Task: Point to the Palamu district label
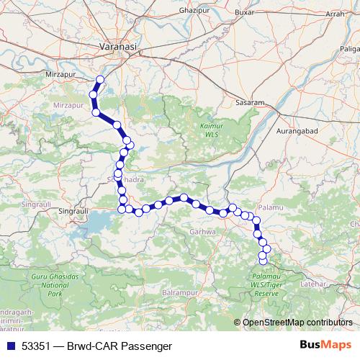click(x=270, y=208)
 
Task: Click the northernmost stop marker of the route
click(x=100, y=80)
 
